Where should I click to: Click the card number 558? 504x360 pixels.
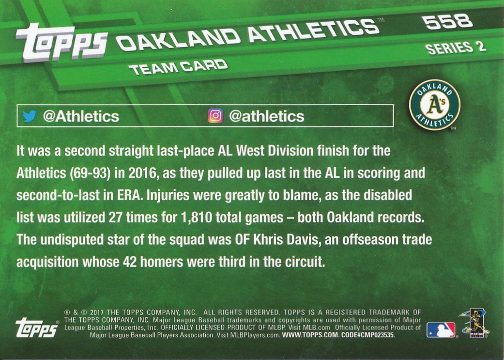[447, 22]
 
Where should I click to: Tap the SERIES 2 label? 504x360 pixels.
[455, 48]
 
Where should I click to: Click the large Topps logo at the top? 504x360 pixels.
[61, 42]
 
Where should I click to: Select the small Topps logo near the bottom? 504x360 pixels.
[37, 328]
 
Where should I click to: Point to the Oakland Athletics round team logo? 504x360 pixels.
[435, 105]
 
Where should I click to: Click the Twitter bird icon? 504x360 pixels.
[29, 116]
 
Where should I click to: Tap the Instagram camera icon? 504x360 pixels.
[215, 116]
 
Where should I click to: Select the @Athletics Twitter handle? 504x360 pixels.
[81, 116]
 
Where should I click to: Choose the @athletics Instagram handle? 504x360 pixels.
[266, 116]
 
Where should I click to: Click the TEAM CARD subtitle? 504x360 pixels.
[178, 67]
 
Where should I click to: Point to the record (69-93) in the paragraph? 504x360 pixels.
[90, 173]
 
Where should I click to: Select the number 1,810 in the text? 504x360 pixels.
[197, 218]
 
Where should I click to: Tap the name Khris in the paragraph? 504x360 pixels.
[269, 240]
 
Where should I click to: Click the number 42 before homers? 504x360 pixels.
[130, 262]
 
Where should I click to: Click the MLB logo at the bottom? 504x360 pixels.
[441, 330]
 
